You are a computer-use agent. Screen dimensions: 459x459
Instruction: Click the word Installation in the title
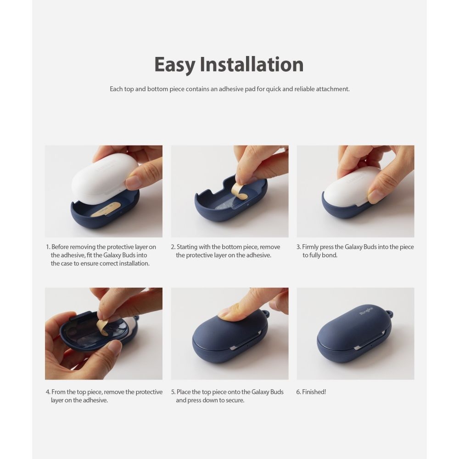(251, 65)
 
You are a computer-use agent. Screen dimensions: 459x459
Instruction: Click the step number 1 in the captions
(47, 247)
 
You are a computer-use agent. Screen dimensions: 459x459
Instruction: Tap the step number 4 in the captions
(47, 392)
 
